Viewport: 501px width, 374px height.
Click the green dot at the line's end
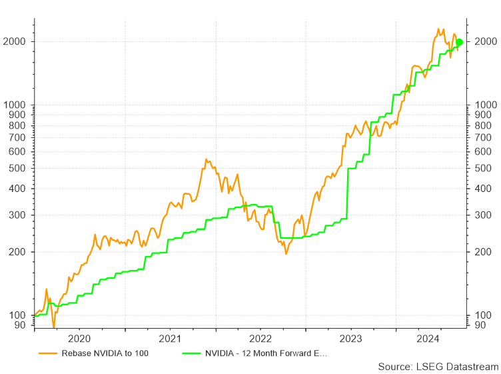coord(459,43)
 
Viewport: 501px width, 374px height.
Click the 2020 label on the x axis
coord(79,338)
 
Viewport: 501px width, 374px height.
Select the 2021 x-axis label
coord(170,338)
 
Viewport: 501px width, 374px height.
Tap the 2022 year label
coord(260,338)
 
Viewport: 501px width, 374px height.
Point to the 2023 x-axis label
coord(351,338)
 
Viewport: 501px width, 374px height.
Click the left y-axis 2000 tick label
coord(17,42)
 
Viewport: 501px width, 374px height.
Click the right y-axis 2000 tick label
coord(484,42)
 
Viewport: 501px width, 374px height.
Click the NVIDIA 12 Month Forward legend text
coord(266,353)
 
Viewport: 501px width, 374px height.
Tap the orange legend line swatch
coord(47,353)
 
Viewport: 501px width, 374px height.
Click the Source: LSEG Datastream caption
coord(438,367)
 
